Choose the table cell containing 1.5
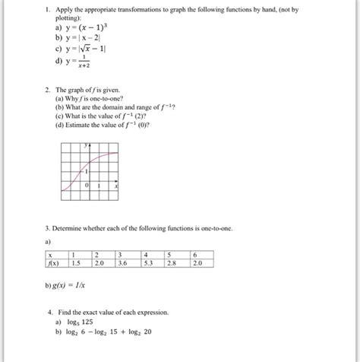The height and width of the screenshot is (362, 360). pos(77,264)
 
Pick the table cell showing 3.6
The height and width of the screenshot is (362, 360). pos(122,264)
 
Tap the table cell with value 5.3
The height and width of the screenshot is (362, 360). pos(169,264)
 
